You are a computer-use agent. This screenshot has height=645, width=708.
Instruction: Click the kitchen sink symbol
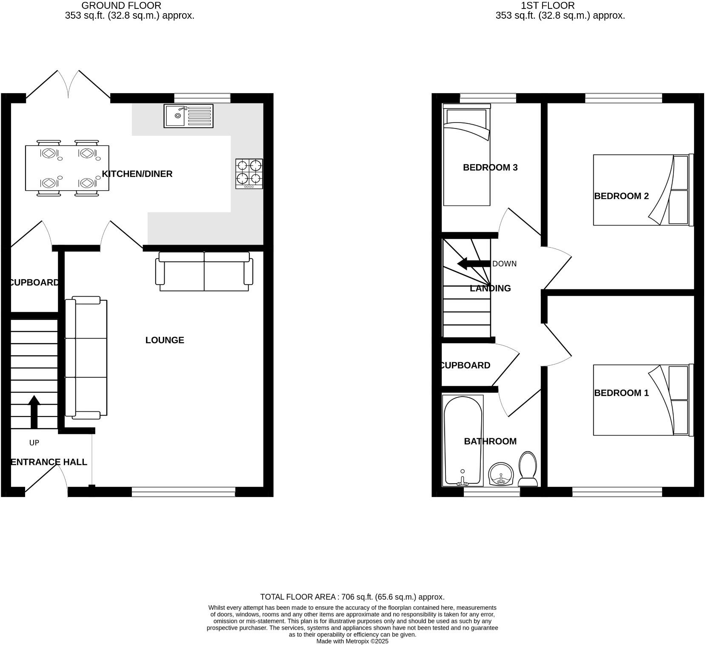(188, 116)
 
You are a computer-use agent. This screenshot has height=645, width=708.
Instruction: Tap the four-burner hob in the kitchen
(249, 174)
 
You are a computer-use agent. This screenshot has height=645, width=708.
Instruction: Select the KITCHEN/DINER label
(137, 174)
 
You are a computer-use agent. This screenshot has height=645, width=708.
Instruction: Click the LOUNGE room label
(165, 340)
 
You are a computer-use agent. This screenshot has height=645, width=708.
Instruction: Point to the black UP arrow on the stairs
(34, 411)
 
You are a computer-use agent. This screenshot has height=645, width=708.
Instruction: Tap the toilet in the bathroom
(528, 469)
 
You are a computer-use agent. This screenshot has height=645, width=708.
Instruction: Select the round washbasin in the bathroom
(502, 474)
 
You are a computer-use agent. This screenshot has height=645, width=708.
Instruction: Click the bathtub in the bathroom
(462, 440)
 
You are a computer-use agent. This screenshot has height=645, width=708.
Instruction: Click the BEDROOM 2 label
(621, 196)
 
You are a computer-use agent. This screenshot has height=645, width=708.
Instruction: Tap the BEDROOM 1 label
(621, 393)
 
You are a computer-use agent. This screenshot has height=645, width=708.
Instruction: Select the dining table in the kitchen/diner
(67, 168)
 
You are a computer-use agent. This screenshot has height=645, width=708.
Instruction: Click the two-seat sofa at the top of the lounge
(204, 271)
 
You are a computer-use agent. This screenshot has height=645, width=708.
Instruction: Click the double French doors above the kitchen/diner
(68, 85)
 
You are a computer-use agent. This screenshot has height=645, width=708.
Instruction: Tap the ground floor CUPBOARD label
(34, 283)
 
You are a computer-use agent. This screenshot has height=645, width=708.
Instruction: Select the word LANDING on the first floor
(490, 288)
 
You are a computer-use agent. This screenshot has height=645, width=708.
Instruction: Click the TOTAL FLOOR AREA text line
(352, 597)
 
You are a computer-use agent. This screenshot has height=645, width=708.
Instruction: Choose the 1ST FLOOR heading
(548, 6)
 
